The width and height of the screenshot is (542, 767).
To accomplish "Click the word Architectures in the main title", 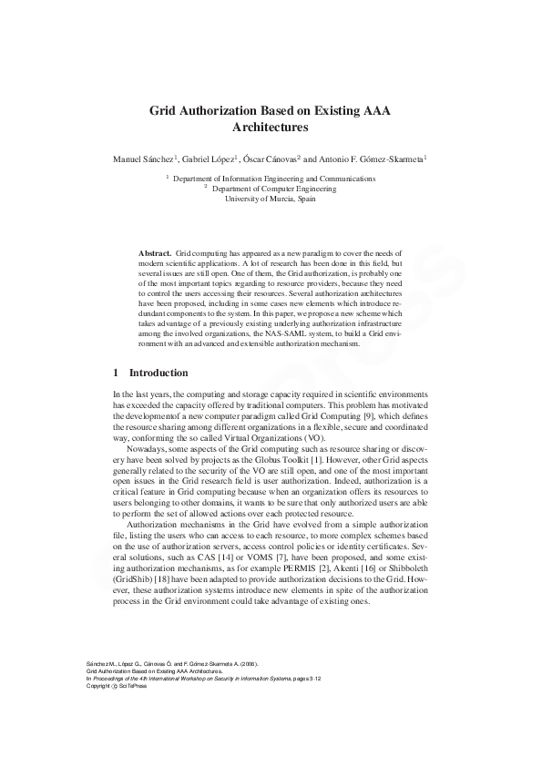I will click(x=271, y=128).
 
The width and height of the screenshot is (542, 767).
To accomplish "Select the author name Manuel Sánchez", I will click(x=143, y=159).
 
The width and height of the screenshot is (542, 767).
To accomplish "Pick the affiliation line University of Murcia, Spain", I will click(x=271, y=198).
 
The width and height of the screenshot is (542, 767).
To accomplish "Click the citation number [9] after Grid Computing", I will click(x=375, y=414).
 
